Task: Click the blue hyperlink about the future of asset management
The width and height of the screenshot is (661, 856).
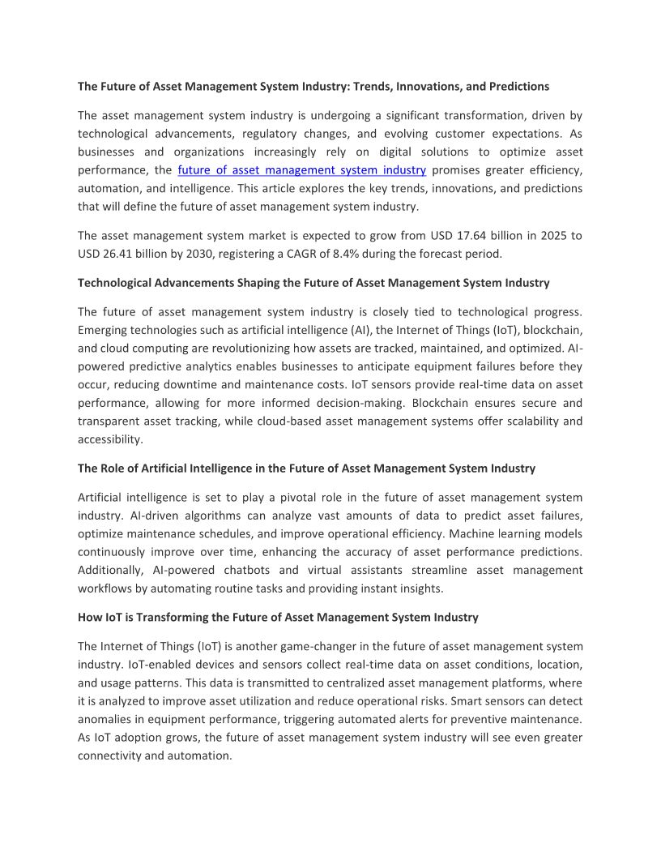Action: coord(301,170)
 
